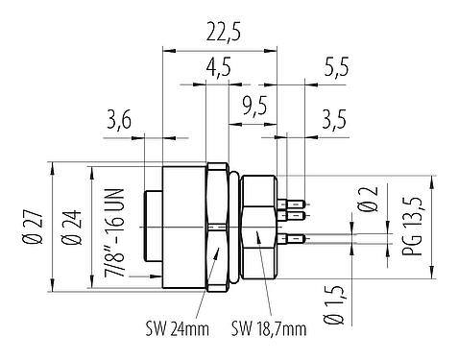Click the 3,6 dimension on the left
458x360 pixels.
click(119, 120)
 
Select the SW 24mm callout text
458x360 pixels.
click(177, 329)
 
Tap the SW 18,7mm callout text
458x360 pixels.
click(268, 329)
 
